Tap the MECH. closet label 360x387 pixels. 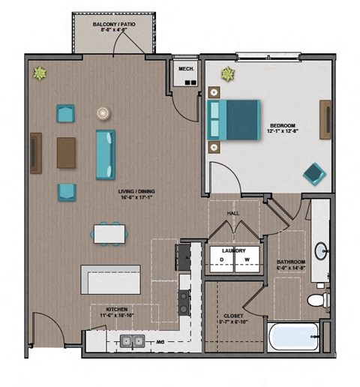[x=185, y=69]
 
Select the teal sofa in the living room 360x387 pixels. [x=106, y=154]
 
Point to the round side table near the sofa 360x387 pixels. [x=102, y=113]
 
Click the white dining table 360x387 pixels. [x=109, y=234]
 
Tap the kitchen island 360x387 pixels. [x=110, y=280]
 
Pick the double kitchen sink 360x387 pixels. [x=133, y=342]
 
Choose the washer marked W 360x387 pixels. [x=246, y=260]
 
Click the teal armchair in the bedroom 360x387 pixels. [x=314, y=173]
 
